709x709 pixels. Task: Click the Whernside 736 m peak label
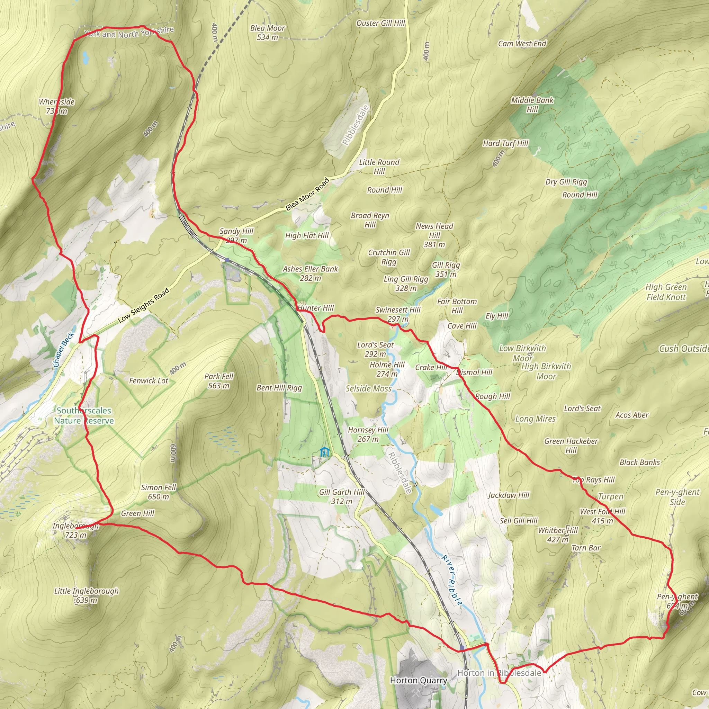[57, 106]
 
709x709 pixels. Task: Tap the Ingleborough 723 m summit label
[75, 530]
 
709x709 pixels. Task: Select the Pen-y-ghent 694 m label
[677, 601]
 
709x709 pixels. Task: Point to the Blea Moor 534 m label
[268, 33]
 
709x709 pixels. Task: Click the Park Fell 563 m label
[219, 381]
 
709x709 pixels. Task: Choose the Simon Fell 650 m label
[159, 492]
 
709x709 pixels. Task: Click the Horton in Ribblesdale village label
[499, 673]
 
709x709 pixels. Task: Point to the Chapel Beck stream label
[63, 350]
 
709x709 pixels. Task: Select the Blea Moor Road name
[307, 194]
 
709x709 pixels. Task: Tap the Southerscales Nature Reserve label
[84, 415]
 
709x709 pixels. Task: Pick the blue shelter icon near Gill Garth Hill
[324, 452]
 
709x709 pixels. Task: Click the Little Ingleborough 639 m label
[87, 595]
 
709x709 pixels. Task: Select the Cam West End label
[522, 44]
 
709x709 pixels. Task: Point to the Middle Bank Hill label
[532, 105]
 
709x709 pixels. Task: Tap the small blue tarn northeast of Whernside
[86, 57]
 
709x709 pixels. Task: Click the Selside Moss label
[368, 389]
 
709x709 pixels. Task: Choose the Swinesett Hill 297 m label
[398, 314]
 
